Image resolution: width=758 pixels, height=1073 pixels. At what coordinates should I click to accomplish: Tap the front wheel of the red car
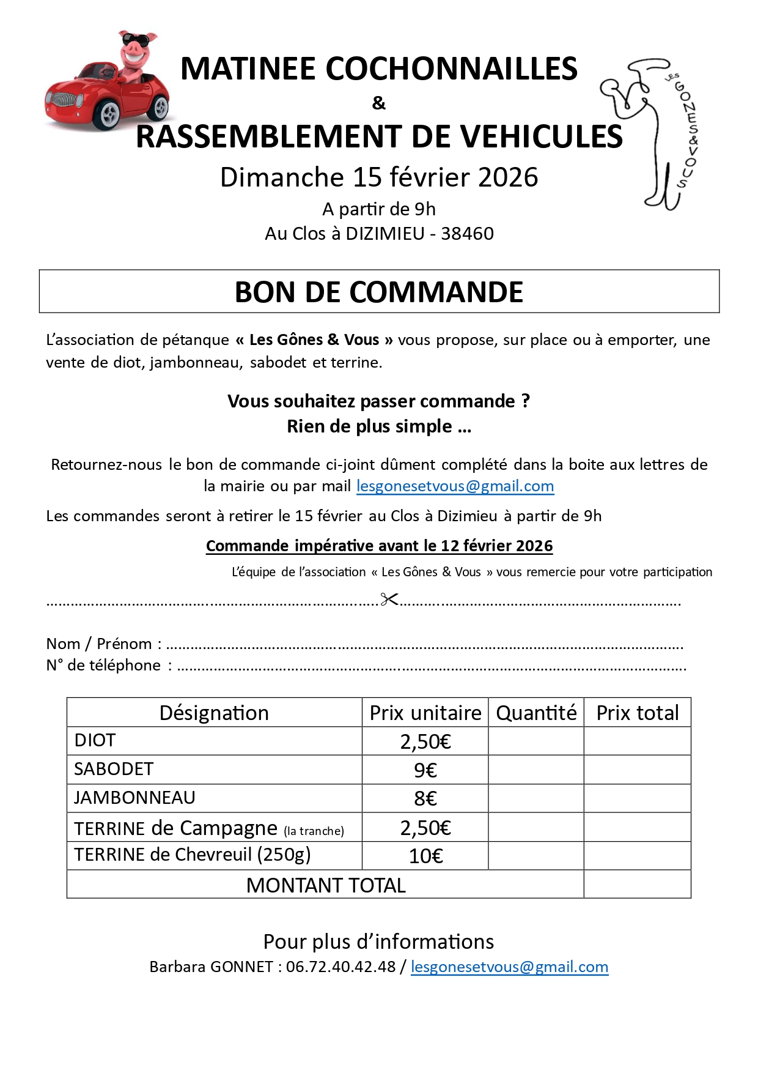pos(109,114)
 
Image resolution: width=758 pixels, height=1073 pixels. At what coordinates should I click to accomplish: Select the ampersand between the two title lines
pos(379,103)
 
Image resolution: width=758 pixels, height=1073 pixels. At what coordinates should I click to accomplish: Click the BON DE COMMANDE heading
pos(379,292)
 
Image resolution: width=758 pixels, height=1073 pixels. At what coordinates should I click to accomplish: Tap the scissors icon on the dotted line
pos(389,599)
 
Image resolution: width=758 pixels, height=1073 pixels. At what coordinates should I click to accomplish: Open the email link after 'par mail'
pos(455,486)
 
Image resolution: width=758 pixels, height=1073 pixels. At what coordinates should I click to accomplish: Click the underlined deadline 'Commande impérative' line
pos(379,546)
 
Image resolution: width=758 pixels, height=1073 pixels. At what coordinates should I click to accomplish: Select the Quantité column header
pos(536,713)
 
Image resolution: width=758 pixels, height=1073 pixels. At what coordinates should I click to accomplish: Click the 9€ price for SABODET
pos(425,770)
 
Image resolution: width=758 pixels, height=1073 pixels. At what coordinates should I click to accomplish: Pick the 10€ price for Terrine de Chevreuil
pos(425,856)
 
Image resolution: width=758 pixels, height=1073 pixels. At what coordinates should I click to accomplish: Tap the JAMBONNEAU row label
pos(134,798)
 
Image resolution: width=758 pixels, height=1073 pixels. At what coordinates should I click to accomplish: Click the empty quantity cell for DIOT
pos(536,741)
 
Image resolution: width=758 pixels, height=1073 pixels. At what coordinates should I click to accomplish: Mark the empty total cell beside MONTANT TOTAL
pos(637,885)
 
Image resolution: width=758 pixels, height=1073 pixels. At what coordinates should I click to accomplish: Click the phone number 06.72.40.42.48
pos(340,967)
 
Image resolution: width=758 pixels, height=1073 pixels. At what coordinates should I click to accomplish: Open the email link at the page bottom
pos(509,967)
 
